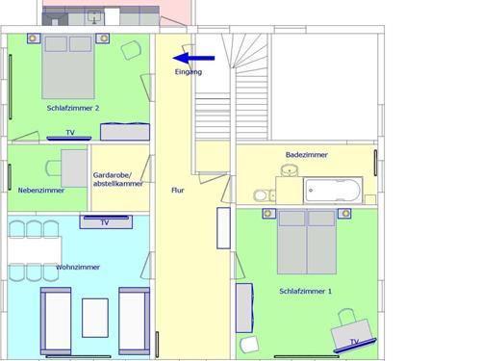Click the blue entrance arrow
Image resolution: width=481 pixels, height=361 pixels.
pos(193,58)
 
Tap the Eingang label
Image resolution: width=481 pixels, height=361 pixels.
pos(189,72)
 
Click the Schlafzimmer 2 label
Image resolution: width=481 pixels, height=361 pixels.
pos(73,108)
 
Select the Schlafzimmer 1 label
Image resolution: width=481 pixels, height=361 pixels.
pos(305,291)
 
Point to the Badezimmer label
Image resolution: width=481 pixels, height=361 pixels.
pos(307,155)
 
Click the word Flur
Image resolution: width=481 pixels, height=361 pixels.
pos(178,191)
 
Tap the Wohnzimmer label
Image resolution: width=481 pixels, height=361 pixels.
pos(78,267)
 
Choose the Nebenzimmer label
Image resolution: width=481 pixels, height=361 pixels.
pos(41,191)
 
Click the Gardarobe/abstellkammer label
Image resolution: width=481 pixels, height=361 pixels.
pos(117,179)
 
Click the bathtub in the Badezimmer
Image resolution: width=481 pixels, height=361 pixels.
pos(333,190)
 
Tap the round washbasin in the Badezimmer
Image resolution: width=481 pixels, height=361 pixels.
pos(290,170)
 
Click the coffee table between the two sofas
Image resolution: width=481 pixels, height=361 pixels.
pos(95,318)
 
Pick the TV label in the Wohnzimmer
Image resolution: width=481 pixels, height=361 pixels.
pos(105,222)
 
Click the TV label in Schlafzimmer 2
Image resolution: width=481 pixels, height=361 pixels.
pos(70,133)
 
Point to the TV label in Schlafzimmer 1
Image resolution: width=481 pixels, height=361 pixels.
pos(354,342)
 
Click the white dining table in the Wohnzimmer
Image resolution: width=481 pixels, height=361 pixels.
pos(35,250)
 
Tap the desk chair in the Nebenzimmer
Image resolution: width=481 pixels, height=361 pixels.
pos(54,168)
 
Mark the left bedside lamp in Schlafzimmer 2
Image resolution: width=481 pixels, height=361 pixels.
pos(33,39)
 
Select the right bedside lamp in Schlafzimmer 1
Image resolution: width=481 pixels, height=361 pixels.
pos(344,214)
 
